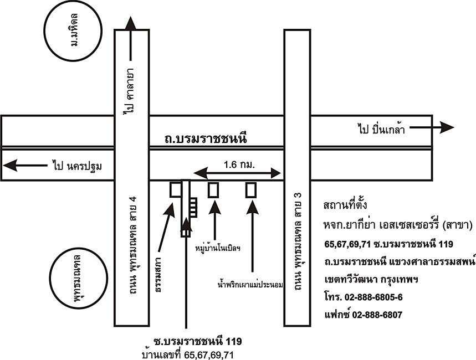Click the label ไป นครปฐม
pos(78,165)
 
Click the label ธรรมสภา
pos(158,277)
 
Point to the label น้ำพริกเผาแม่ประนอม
pos(250,285)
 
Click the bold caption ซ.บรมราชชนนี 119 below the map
pos(198,341)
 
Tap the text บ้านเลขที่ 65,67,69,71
pos(188,354)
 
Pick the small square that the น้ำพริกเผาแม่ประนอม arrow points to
pos(252,190)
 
